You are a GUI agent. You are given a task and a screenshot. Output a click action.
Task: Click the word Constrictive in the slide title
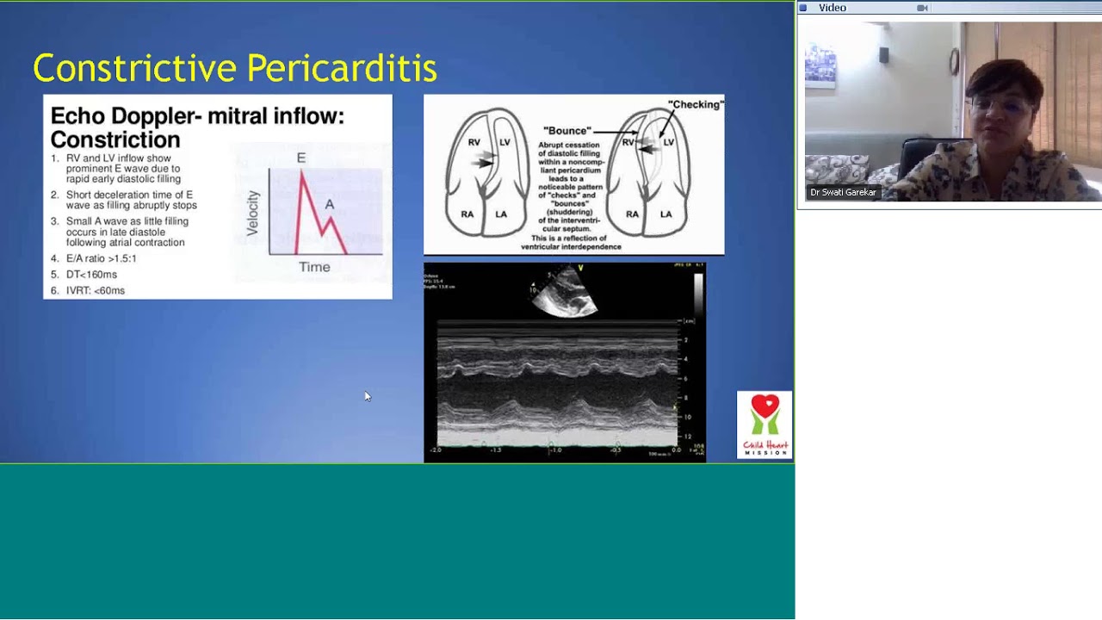tap(134, 68)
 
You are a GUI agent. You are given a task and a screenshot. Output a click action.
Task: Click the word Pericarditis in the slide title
tap(342, 68)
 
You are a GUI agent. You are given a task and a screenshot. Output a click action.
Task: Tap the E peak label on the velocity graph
tap(301, 158)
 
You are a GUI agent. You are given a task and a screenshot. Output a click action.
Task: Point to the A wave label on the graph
tap(329, 205)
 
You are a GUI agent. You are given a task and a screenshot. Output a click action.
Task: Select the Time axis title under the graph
tap(314, 267)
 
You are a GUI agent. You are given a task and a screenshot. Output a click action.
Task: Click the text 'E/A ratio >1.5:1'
tap(101, 258)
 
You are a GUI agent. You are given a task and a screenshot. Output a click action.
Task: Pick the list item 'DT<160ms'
tap(91, 275)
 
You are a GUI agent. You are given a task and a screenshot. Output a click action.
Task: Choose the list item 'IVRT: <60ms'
tap(96, 291)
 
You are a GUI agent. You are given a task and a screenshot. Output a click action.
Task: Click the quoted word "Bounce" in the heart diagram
tap(566, 131)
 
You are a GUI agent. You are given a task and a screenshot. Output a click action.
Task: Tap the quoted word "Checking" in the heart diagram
tap(696, 105)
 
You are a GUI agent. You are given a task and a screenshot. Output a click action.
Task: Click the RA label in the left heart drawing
tap(467, 214)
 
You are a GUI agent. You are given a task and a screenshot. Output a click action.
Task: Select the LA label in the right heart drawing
tap(666, 214)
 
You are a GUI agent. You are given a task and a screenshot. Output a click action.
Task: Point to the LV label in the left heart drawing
tap(505, 142)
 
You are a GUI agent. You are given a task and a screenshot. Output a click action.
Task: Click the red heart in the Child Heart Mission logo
tap(765, 406)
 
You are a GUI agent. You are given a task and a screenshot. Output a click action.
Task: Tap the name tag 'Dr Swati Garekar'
tap(843, 192)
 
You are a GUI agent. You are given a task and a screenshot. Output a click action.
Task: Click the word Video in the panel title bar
tap(833, 8)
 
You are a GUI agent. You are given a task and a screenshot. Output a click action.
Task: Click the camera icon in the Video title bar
tap(922, 8)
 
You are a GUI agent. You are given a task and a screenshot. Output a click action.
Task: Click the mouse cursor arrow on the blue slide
tap(367, 396)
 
